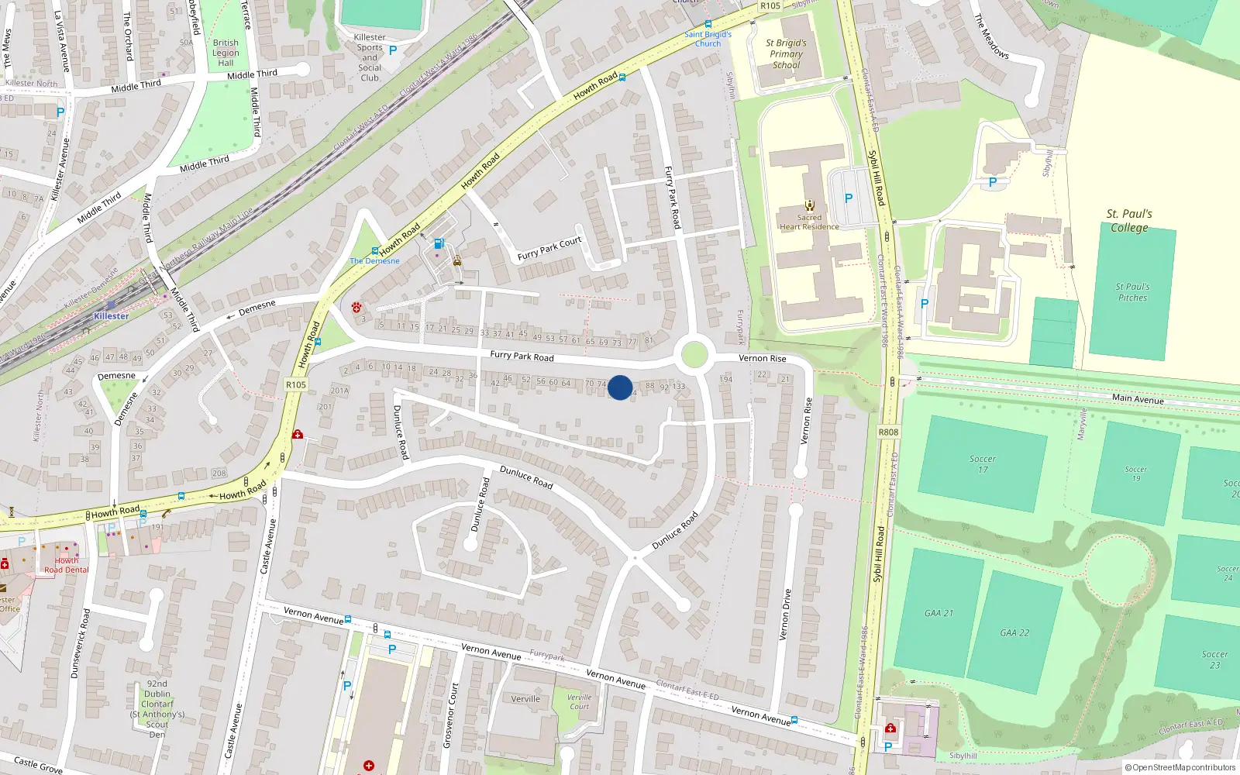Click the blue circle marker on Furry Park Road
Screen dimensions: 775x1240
click(x=619, y=387)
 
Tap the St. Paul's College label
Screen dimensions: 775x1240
click(x=1129, y=221)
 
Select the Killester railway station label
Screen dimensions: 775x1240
click(x=111, y=316)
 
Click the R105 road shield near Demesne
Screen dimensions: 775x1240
click(x=296, y=384)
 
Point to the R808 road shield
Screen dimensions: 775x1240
click(x=888, y=432)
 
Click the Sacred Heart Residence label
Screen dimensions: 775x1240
click(x=809, y=222)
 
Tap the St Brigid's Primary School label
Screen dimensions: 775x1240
click(x=786, y=54)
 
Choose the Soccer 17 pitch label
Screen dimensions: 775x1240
click(x=982, y=464)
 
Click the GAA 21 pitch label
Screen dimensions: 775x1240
click(x=939, y=613)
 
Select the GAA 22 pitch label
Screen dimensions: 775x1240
click(x=1014, y=633)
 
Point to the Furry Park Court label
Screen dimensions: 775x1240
click(x=549, y=248)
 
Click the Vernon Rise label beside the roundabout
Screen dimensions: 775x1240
click(x=762, y=358)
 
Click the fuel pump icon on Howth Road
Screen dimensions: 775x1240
click(x=439, y=243)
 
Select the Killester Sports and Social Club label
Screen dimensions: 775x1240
click(x=370, y=57)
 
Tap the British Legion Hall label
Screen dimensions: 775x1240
click(x=226, y=53)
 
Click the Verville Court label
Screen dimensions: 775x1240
click(x=579, y=701)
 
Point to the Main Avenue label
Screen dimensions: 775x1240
click(x=1138, y=398)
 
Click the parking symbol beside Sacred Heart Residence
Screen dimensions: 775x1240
click(x=849, y=198)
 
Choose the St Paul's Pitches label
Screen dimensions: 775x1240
click(x=1132, y=292)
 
